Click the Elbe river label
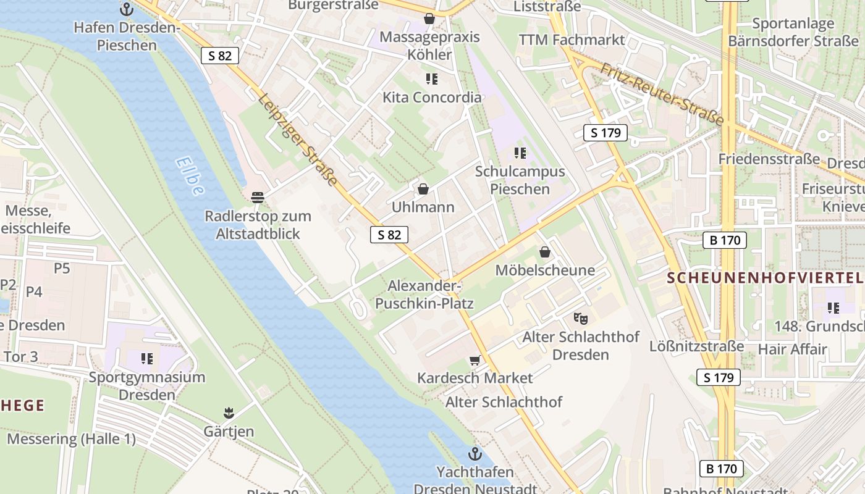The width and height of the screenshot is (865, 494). [x=189, y=177]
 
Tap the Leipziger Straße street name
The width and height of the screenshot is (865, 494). [x=298, y=140]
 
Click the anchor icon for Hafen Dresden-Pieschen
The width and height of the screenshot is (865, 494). [x=127, y=9]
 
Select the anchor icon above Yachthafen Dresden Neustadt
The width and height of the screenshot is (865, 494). [x=475, y=454]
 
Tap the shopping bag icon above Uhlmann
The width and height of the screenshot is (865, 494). [x=423, y=189]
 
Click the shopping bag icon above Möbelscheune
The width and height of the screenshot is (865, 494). [x=545, y=252]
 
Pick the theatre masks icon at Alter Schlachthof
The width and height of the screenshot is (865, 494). [x=580, y=319]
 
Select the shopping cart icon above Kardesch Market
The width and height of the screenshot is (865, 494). [x=475, y=360]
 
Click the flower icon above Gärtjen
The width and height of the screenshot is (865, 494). [x=229, y=412]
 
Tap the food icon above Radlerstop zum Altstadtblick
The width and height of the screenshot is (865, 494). [x=258, y=198]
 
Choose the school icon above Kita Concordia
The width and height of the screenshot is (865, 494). [x=431, y=79]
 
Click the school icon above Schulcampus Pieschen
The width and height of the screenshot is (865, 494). [x=520, y=153]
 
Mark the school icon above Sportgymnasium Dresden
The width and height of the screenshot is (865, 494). [x=146, y=358]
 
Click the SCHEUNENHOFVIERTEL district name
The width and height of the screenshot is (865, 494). [x=765, y=278]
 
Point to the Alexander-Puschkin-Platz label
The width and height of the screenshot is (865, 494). [x=424, y=295]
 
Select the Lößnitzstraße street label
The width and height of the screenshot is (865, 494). [x=696, y=346]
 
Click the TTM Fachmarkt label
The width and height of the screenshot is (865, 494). [x=572, y=40]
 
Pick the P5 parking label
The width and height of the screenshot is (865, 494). [x=62, y=268]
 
